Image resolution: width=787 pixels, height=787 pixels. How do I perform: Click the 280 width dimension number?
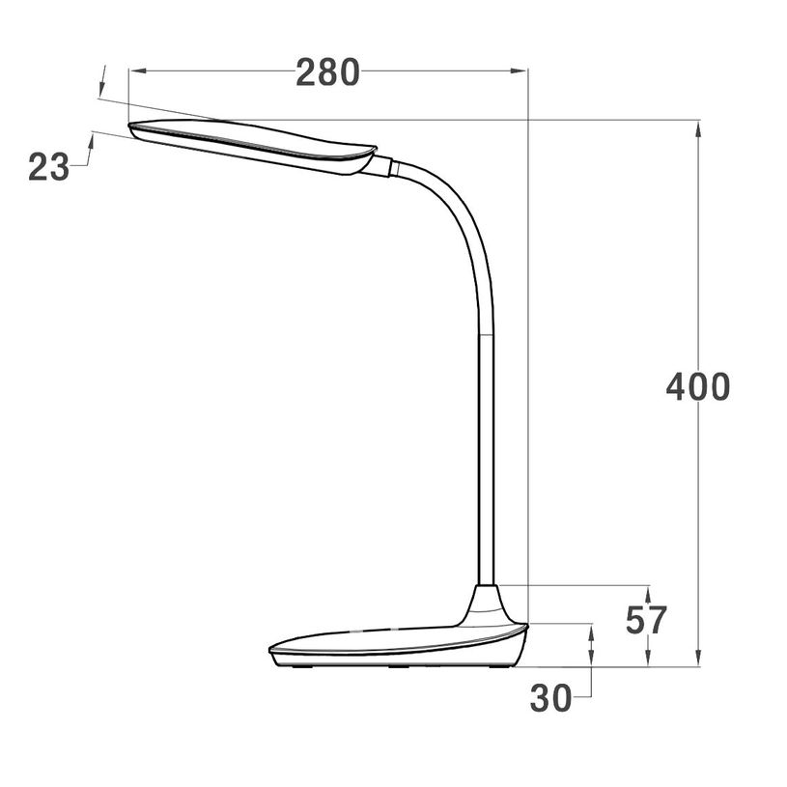coord(327,72)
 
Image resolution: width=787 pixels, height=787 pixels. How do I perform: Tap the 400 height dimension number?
coord(697,386)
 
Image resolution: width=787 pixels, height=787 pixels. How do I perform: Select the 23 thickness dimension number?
coord(48,168)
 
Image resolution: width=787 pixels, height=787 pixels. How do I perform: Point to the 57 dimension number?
coord(646,620)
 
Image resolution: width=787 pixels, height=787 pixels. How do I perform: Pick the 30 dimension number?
coord(551,698)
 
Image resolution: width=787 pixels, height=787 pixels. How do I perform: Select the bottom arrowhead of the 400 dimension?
coord(698,660)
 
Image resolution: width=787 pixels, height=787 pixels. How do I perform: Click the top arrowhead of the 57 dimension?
coord(647,592)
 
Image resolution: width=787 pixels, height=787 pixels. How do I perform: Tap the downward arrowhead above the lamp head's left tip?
coord(101,89)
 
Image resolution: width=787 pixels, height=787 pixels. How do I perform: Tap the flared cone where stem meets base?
coord(486,604)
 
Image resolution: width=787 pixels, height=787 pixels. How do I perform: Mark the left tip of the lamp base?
coord(270,648)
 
